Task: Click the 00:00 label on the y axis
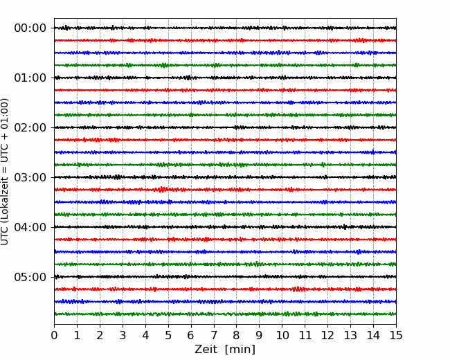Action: (30, 28)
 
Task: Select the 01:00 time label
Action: (30, 78)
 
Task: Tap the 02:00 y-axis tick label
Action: (30, 127)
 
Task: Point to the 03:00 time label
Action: (30, 177)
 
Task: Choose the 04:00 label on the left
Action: (30, 227)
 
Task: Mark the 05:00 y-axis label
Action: (30, 277)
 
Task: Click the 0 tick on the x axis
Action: (54, 335)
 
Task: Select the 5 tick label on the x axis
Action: (168, 335)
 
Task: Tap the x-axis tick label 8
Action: (237, 335)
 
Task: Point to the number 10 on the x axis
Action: (282, 335)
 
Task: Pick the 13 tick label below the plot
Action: (350, 335)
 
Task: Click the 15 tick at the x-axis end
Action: (396, 335)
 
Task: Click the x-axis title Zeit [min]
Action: (225, 349)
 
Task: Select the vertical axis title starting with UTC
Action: (5, 172)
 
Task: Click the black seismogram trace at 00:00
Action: (225, 28)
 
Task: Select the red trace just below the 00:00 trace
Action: (225, 40)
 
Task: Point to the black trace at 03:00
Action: (225, 177)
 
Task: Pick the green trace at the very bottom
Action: (225, 314)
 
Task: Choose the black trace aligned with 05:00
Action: (225, 277)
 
